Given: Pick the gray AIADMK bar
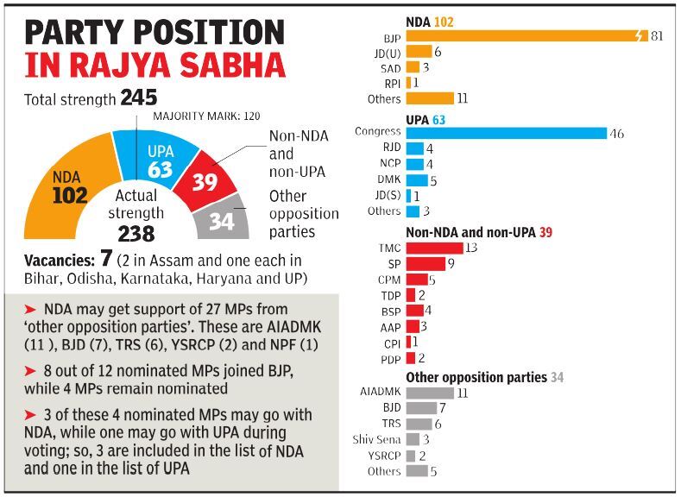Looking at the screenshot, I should (430, 392).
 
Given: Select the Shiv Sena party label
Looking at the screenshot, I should (376, 439).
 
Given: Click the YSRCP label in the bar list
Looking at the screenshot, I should (382, 456).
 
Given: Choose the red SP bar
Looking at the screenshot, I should (425, 263).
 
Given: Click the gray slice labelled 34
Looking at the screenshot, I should (222, 220).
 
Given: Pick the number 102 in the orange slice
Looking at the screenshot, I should (70, 196).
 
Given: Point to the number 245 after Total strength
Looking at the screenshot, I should (138, 98).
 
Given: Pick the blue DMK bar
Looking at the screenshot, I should (417, 179).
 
